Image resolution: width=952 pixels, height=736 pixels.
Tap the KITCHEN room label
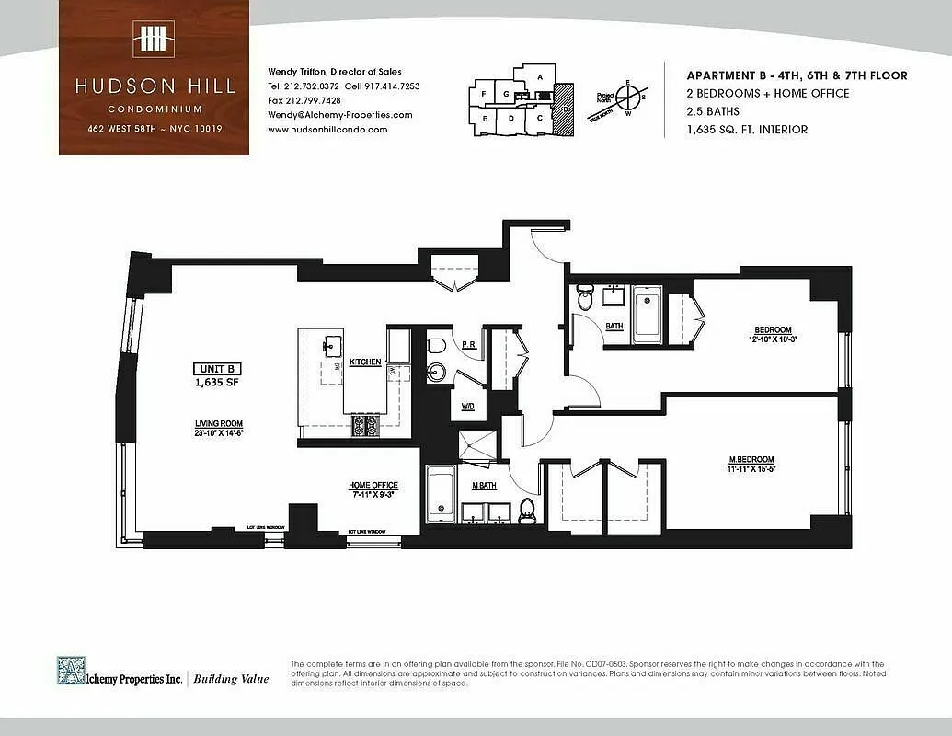(365, 362)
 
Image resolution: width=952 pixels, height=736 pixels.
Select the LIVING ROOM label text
(218, 423)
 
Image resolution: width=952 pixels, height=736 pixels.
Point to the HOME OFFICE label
(373, 485)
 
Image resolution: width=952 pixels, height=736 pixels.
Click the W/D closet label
(467, 405)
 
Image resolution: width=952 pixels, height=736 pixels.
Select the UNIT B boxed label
(217, 369)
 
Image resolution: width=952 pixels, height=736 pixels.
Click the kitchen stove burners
(366, 426)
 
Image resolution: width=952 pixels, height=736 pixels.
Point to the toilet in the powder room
(437, 346)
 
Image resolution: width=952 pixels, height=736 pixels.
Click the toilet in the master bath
(527, 511)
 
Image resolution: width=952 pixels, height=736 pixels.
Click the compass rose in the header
(630, 95)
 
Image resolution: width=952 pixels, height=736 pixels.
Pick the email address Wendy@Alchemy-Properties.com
(339, 115)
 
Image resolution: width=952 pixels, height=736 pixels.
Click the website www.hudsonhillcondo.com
(327, 130)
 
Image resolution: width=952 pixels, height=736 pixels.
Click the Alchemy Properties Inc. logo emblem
(71, 670)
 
